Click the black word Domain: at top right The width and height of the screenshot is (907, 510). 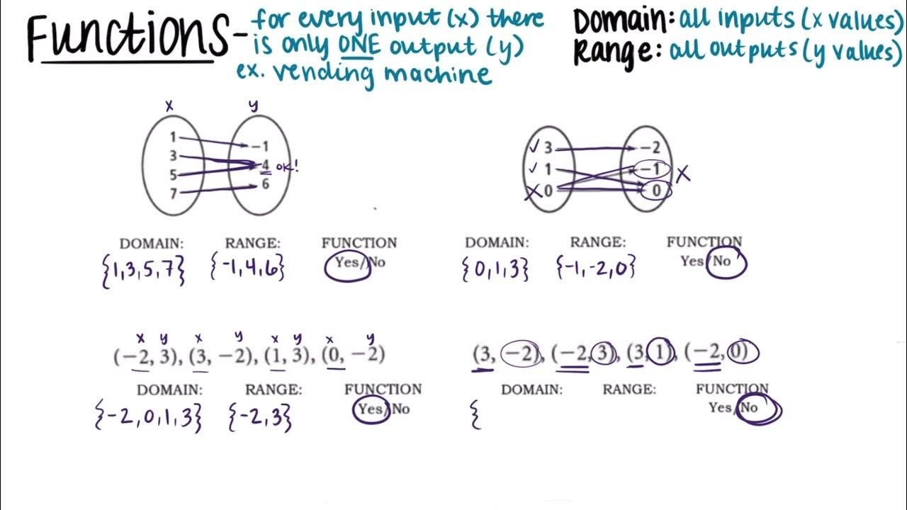tap(624, 21)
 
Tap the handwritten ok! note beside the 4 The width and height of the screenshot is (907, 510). tap(286, 167)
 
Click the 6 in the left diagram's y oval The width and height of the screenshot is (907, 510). tap(265, 184)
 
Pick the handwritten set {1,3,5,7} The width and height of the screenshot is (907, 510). tap(144, 270)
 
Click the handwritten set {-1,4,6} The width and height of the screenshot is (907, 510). tap(247, 268)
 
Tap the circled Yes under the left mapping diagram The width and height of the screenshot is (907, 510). tap(348, 263)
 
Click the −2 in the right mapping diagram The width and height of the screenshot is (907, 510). tap(650, 148)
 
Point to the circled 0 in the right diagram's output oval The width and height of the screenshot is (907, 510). tap(657, 190)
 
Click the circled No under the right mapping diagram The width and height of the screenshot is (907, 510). tap(722, 262)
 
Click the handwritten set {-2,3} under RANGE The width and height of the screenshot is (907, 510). tap(259, 417)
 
